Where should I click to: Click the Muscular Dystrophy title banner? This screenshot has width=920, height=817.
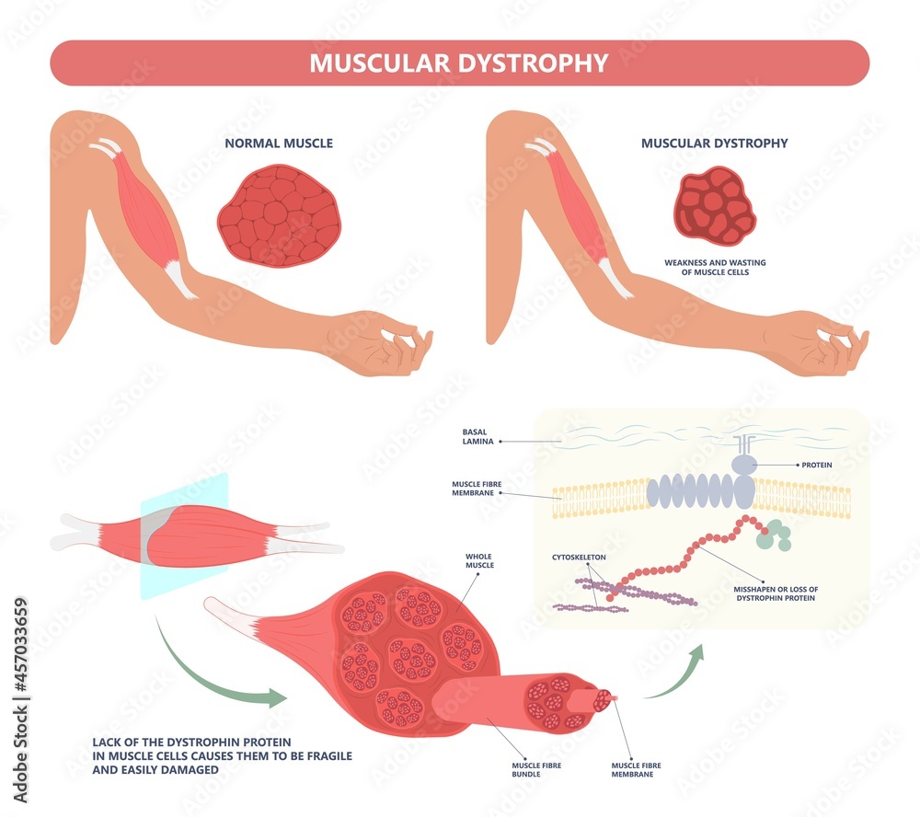[x=459, y=63]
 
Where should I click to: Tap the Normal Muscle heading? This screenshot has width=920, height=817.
[x=279, y=144]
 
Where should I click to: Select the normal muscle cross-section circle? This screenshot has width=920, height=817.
[x=278, y=216]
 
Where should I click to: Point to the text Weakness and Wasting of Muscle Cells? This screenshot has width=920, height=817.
[x=715, y=267]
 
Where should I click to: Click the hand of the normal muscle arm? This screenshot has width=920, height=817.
[x=382, y=344]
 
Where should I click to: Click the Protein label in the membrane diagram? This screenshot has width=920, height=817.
[x=816, y=466]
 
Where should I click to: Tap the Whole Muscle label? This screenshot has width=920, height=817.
[x=479, y=559]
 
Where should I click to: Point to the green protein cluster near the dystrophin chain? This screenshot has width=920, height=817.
[x=772, y=535]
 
